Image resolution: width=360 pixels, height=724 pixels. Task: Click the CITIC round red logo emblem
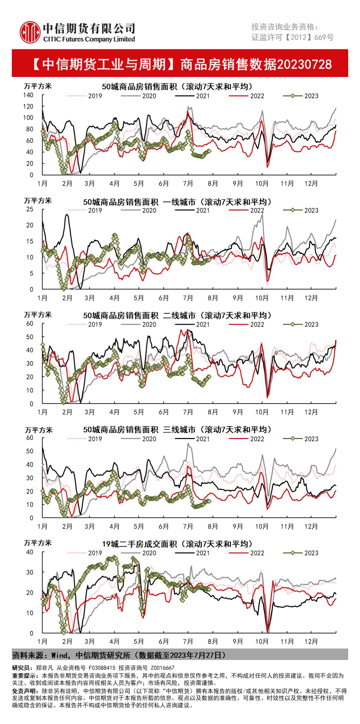(x=30, y=32)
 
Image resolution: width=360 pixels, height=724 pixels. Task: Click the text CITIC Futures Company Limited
(x=89, y=39)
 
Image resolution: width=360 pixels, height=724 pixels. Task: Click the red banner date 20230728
(x=304, y=64)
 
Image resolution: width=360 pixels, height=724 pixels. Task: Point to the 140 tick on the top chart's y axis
(x=28, y=95)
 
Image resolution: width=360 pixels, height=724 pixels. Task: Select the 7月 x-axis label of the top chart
(x=188, y=183)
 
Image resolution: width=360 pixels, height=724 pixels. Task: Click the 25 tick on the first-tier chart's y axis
(x=30, y=209)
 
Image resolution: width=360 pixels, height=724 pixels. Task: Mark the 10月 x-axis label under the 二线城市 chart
(x=262, y=412)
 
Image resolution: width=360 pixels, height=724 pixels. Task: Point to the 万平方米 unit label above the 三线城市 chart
(x=38, y=430)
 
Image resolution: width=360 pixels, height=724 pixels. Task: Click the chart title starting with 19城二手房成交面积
(x=177, y=544)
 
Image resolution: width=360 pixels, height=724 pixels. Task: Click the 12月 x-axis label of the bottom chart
(x=311, y=641)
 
